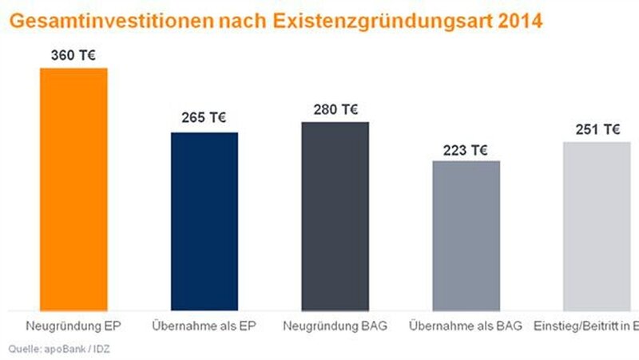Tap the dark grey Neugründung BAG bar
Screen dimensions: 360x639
click(335, 216)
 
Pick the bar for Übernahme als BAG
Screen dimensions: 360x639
click(466, 235)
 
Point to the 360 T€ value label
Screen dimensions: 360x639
click(73, 56)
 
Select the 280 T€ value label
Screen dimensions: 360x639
click(335, 109)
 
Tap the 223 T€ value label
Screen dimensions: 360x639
click(466, 148)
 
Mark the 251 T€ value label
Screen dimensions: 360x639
click(598, 130)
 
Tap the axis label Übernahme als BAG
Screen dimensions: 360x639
click(466, 326)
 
